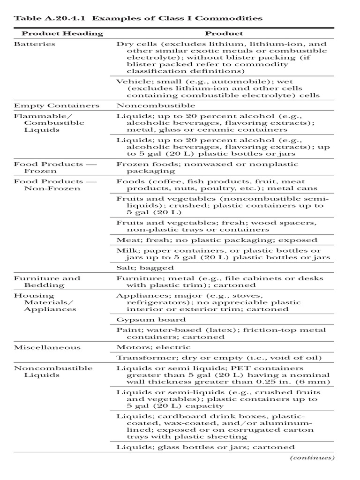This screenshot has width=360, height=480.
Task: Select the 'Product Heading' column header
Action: [62, 33]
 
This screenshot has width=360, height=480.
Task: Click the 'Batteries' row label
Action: [35, 44]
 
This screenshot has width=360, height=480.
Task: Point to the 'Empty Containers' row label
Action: [57, 105]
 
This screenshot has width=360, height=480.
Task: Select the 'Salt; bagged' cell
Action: [145, 268]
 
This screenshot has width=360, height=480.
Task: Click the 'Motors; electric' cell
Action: [153, 347]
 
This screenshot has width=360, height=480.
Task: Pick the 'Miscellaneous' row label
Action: [47, 347]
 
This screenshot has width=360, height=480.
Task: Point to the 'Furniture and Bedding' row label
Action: [47, 281]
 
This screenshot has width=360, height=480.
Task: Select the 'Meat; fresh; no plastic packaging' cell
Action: [217, 240]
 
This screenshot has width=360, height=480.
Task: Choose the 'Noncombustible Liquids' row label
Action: [53, 372]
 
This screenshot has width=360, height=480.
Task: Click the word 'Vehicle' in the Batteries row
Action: [130, 81]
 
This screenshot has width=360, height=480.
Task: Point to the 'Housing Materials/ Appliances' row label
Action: [45, 302]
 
